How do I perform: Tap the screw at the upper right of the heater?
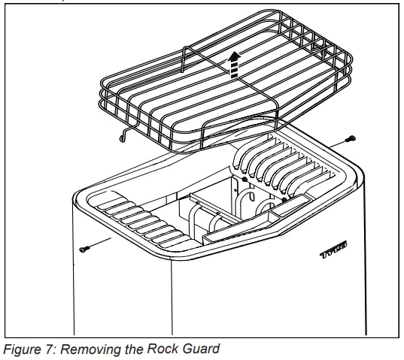click(x=351, y=139)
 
